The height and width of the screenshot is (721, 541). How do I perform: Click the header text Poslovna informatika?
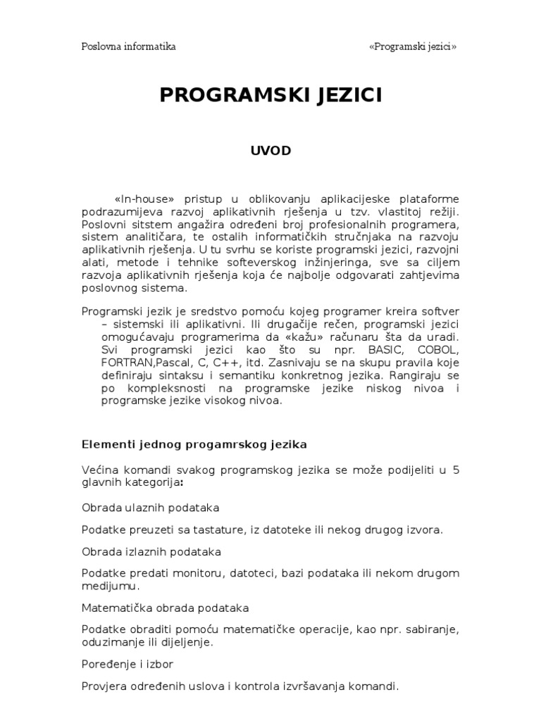point(128,47)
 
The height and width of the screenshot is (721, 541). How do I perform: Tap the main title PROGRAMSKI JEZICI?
point(270,96)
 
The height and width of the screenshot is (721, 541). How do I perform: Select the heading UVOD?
point(270,150)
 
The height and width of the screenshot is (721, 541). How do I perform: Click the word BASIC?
point(378,350)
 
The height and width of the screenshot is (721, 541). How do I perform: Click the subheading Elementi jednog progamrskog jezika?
point(194,444)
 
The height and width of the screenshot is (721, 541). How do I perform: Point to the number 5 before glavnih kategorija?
point(456,470)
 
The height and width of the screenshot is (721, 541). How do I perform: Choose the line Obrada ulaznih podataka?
point(150,507)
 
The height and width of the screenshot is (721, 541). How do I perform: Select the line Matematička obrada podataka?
point(165,607)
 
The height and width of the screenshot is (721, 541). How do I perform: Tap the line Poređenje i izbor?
point(127,663)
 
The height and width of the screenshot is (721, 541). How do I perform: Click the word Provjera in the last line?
point(104,685)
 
